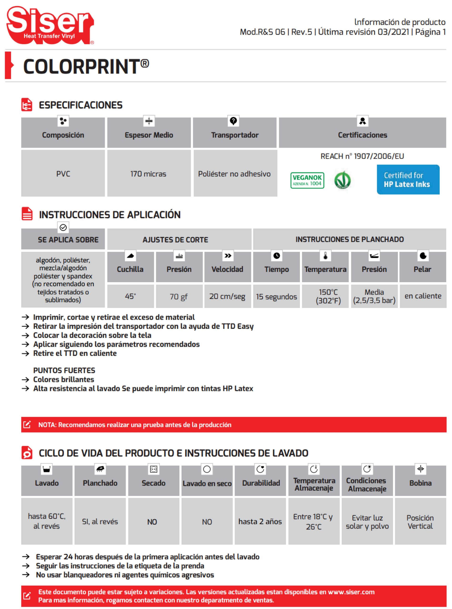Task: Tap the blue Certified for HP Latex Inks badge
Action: point(408,180)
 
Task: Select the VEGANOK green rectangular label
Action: point(307,180)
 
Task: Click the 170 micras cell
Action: point(148,174)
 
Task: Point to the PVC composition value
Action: point(63,174)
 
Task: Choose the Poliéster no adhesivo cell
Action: point(234,174)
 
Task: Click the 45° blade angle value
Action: point(130,296)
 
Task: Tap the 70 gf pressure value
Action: point(179,296)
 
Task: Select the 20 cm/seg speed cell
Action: point(227,296)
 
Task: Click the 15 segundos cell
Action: point(276,296)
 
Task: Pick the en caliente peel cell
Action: point(423,296)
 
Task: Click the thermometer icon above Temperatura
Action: point(325,256)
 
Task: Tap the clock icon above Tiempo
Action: point(277,256)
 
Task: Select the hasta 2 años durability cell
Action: point(260,521)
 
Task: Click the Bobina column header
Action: point(421,483)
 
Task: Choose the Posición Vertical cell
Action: point(421,522)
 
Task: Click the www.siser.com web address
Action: point(351,592)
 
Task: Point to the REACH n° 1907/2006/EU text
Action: point(362,156)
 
